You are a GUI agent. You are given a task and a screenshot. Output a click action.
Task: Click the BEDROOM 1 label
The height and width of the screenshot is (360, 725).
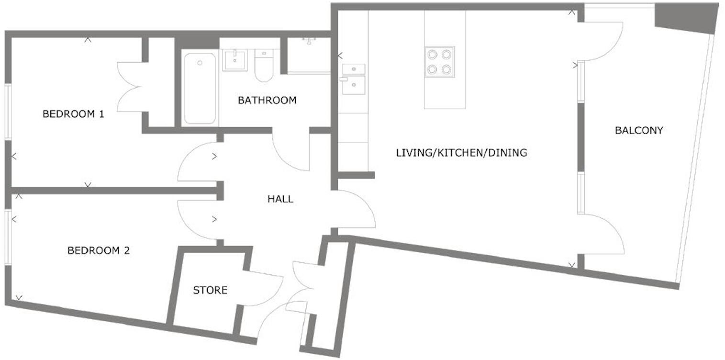[x=73, y=114]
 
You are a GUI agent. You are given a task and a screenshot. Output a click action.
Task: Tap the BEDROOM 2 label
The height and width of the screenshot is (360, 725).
[x=98, y=250]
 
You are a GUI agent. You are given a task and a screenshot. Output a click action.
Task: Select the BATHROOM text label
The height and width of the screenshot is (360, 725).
[x=267, y=101]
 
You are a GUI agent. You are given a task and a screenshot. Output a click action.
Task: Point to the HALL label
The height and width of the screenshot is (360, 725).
[x=280, y=199]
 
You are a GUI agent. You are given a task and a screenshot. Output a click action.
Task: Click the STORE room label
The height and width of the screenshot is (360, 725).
[x=210, y=290]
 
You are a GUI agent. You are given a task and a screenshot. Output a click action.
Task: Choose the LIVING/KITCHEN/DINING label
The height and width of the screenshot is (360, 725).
[x=461, y=153]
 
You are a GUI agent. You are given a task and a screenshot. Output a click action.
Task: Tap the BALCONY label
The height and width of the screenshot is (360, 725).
[x=639, y=130]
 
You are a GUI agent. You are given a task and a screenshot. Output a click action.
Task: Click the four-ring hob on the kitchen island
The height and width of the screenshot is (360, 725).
[x=439, y=62]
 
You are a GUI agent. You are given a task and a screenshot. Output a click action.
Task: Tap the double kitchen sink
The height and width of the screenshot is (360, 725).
[x=354, y=79]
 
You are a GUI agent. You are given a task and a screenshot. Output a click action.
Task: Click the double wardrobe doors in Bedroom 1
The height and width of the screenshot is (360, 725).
[x=129, y=87]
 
